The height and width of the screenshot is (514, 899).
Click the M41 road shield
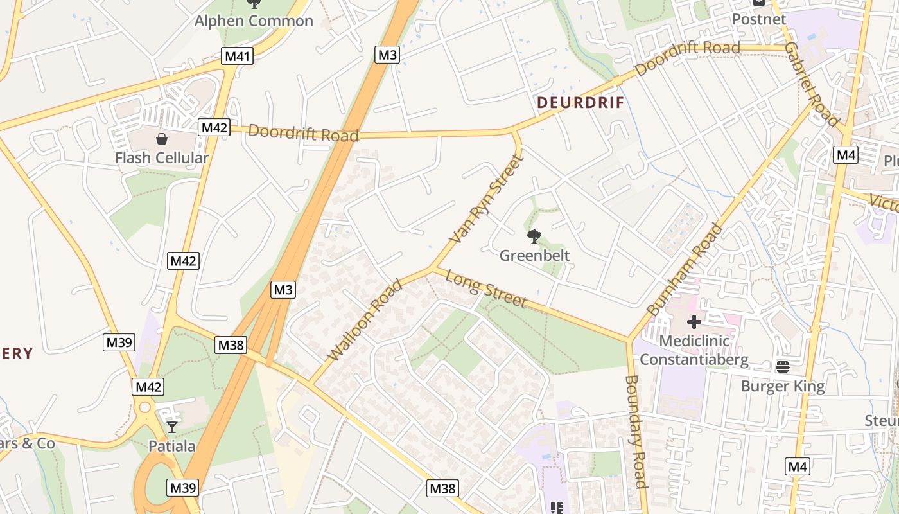237,56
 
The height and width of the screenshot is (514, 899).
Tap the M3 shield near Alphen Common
387,55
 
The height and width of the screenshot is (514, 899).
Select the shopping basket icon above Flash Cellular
162,138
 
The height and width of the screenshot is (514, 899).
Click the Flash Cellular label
162,157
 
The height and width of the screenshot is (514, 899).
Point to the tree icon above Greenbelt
534,236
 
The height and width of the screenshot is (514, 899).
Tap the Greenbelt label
534,255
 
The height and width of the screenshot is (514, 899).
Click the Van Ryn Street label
485,199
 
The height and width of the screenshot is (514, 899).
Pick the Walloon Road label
364,320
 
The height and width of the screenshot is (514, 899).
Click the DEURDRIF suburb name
580,103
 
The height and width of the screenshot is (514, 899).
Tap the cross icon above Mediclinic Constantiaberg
694,322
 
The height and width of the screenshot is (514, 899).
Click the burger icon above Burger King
782,367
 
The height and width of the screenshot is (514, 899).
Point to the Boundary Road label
635,431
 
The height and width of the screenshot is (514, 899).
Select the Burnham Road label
685,270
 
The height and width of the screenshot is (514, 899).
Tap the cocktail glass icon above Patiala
171,427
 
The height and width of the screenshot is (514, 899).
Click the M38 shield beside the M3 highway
231,345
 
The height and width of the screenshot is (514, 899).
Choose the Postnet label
759,19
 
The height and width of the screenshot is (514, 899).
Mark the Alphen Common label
254,21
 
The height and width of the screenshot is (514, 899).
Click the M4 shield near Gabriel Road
846,154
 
